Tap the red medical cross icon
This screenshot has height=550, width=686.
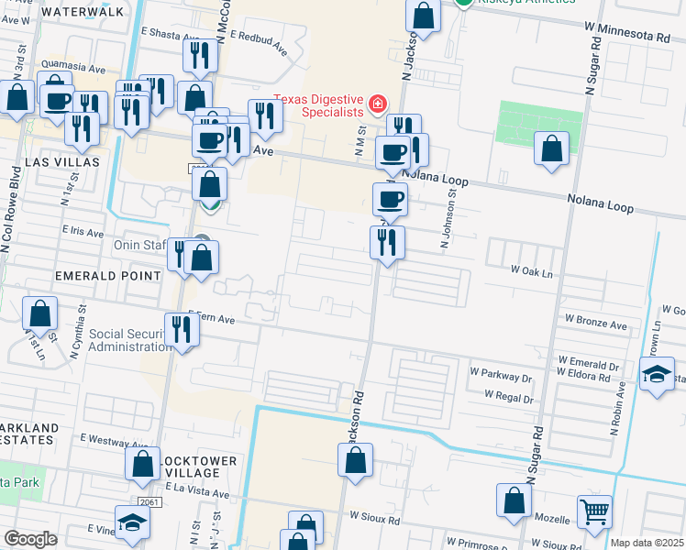(x=376, y=106)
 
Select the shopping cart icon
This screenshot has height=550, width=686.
(x=594, y=512)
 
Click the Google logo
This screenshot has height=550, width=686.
(x=30, y=539)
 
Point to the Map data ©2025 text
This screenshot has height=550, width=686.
(x=647, y=543)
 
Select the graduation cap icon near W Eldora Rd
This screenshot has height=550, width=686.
(x=657, y=374)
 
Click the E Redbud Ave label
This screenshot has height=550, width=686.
(x=260, y=41)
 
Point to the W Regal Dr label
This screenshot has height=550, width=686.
(x=502, y=398)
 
